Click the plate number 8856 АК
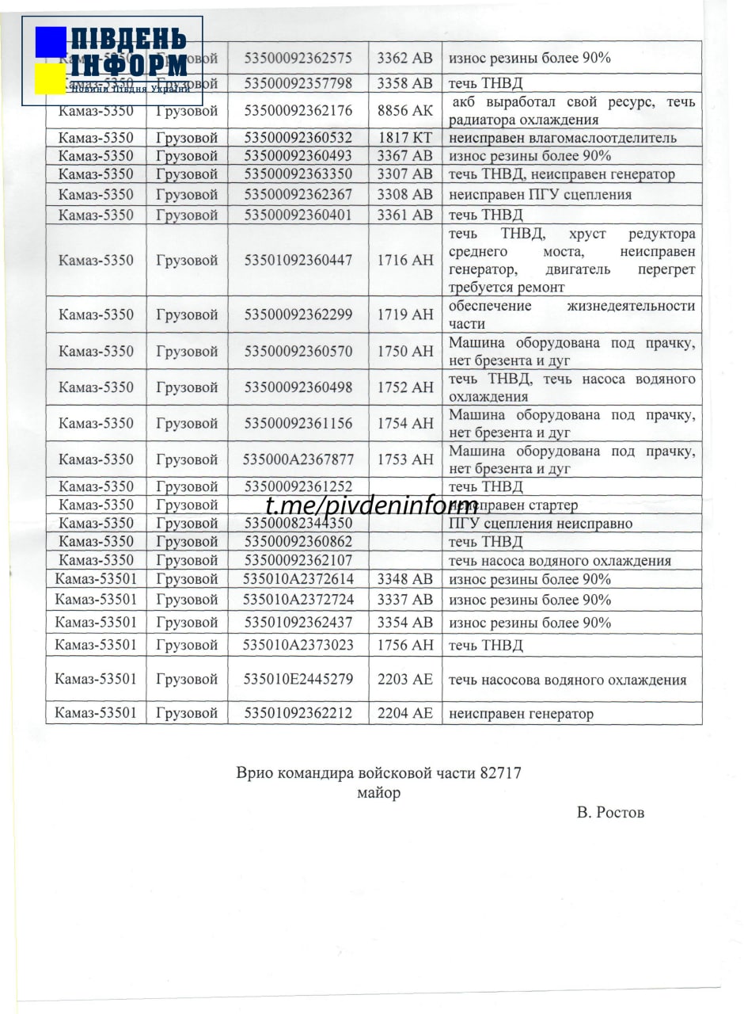pos(405,110)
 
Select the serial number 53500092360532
pos(298,138)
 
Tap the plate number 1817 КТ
pos(405,138)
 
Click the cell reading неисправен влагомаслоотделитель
pos(563,138)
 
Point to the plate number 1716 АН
pos(405,260)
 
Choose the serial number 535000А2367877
pos(298,459)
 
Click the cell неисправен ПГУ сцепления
pos(540,195)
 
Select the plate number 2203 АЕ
pos(405,679)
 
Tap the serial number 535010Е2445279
pos(298,679)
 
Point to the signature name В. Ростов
pos(610,813)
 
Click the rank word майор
pos(379,793)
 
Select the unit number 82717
pos(500,773)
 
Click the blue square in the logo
pos(51,42)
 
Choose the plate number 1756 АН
pos(405,645)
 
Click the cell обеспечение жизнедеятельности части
pos(571,314)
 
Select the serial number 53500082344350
pos(298,524)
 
